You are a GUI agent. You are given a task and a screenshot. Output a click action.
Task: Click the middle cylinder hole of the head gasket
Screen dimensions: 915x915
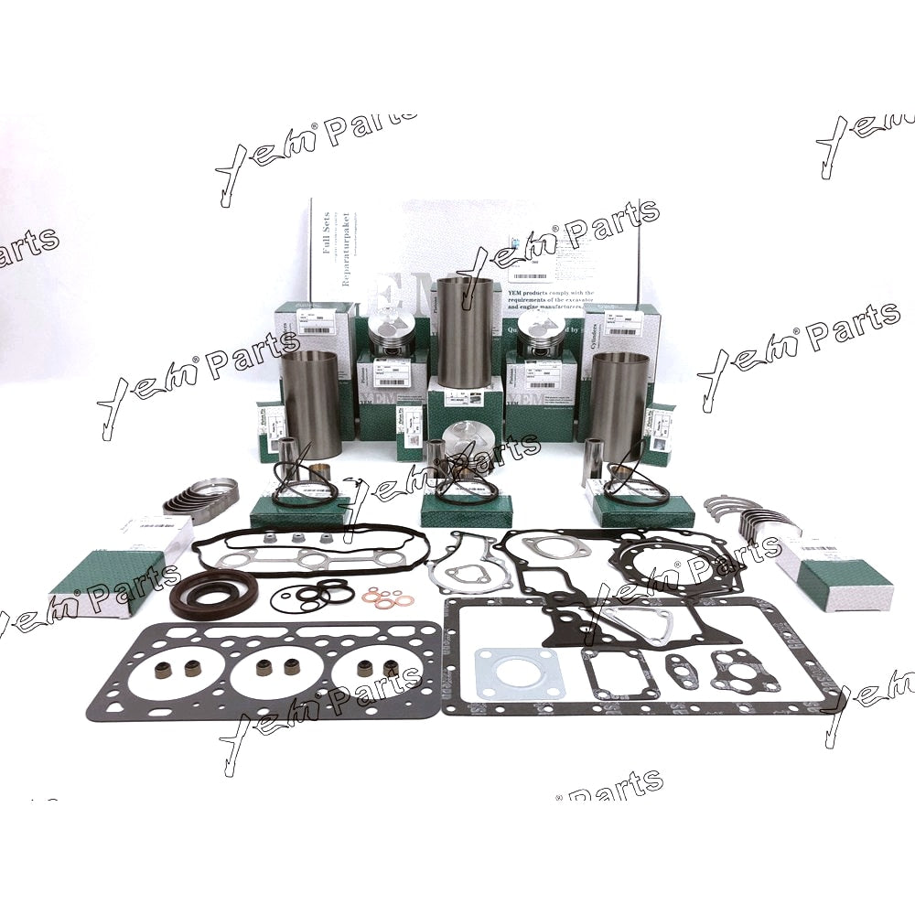[276, 677]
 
